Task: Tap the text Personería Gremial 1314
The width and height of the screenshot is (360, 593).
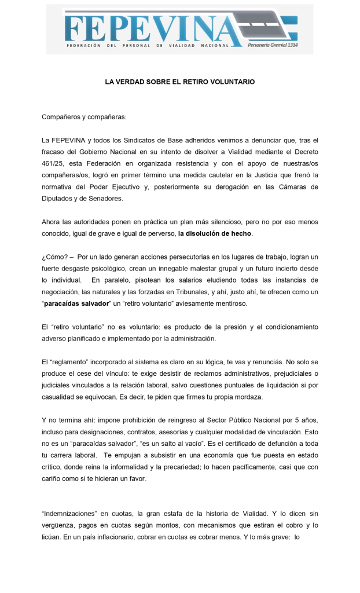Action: [272, 45]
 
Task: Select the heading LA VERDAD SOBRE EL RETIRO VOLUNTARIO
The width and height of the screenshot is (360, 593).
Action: [179, 82]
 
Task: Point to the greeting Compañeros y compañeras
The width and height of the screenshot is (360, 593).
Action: [84, 117]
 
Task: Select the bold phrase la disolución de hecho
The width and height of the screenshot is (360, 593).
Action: [215, 233]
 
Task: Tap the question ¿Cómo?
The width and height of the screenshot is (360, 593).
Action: [54, 257]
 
